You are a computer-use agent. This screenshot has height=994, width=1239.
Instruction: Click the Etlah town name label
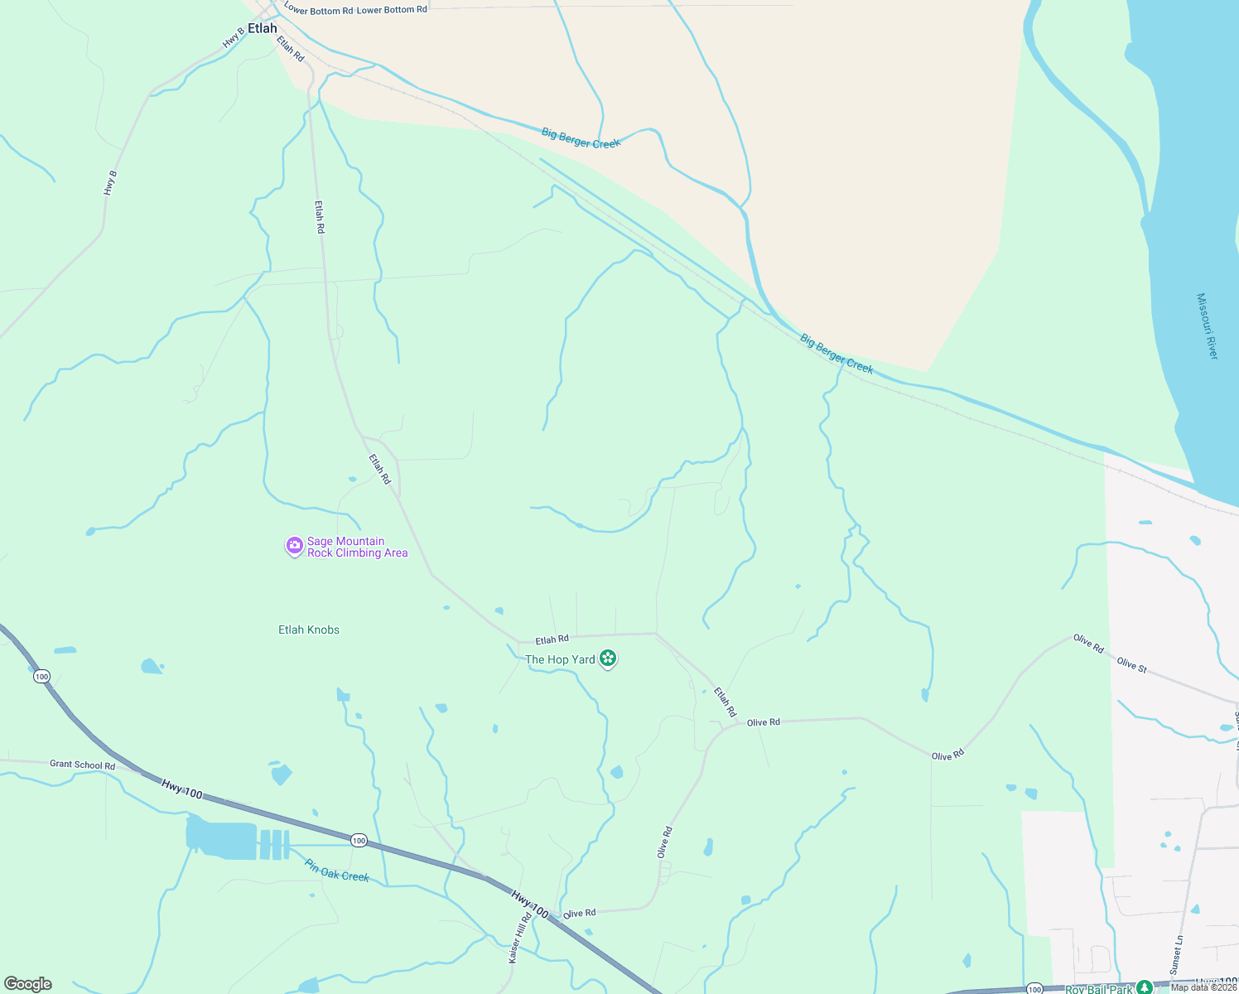click(x=263, y=28)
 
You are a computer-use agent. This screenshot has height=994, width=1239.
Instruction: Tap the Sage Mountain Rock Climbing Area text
click(x=357, y=547)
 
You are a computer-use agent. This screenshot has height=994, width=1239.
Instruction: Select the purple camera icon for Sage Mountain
click(x=294, y=546)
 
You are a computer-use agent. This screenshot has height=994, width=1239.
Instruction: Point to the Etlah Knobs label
click(x=309, y=630)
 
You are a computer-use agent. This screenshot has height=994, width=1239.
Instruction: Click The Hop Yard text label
click(x=560, y=659)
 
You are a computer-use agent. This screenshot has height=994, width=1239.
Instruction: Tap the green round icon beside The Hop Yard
click(x=609, y=659)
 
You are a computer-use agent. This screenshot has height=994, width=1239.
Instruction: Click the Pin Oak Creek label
click(x=336, y=871)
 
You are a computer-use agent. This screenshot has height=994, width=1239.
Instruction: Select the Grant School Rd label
click(x=82, y=765)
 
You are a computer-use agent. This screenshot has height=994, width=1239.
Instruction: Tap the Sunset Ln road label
click(x=1177, y=955)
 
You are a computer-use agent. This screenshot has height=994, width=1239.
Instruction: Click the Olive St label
click(x=1131, y=664)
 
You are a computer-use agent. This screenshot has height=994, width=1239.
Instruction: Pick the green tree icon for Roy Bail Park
click(x=1145, y=987)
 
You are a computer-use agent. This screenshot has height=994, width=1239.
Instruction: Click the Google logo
click(x=28, y=984)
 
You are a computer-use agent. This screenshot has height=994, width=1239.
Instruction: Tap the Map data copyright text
click(x=1203, y=987)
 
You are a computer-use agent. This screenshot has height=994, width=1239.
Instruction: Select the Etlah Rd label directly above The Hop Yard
click(x=552, y=639)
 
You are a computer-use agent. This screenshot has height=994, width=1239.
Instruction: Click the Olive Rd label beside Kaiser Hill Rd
click(x=579, y=913)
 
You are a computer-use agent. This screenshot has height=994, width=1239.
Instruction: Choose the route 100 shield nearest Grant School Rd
click(x=42, y=677)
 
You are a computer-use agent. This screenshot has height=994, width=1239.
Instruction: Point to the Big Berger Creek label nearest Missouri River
click(x=836, y=354)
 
